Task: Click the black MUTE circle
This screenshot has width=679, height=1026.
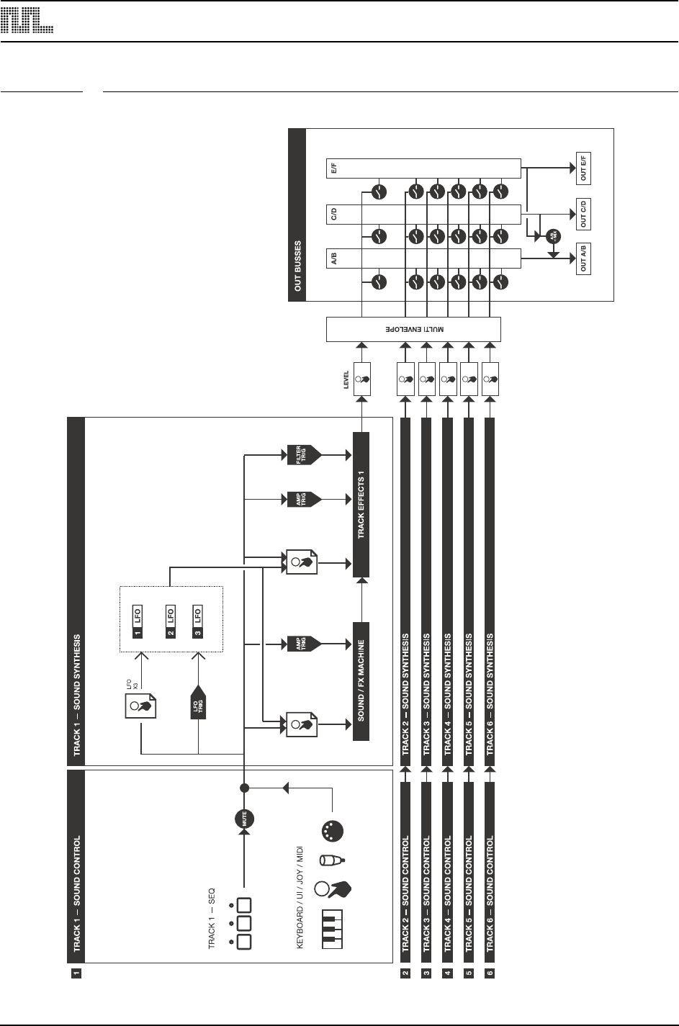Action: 245,818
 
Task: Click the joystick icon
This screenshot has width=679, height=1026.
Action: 333,860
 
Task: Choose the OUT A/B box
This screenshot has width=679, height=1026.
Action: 583,259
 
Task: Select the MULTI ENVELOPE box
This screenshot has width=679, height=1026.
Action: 413,329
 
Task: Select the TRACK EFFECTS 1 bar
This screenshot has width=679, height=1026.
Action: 361,505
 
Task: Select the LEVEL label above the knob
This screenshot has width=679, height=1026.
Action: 346,377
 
